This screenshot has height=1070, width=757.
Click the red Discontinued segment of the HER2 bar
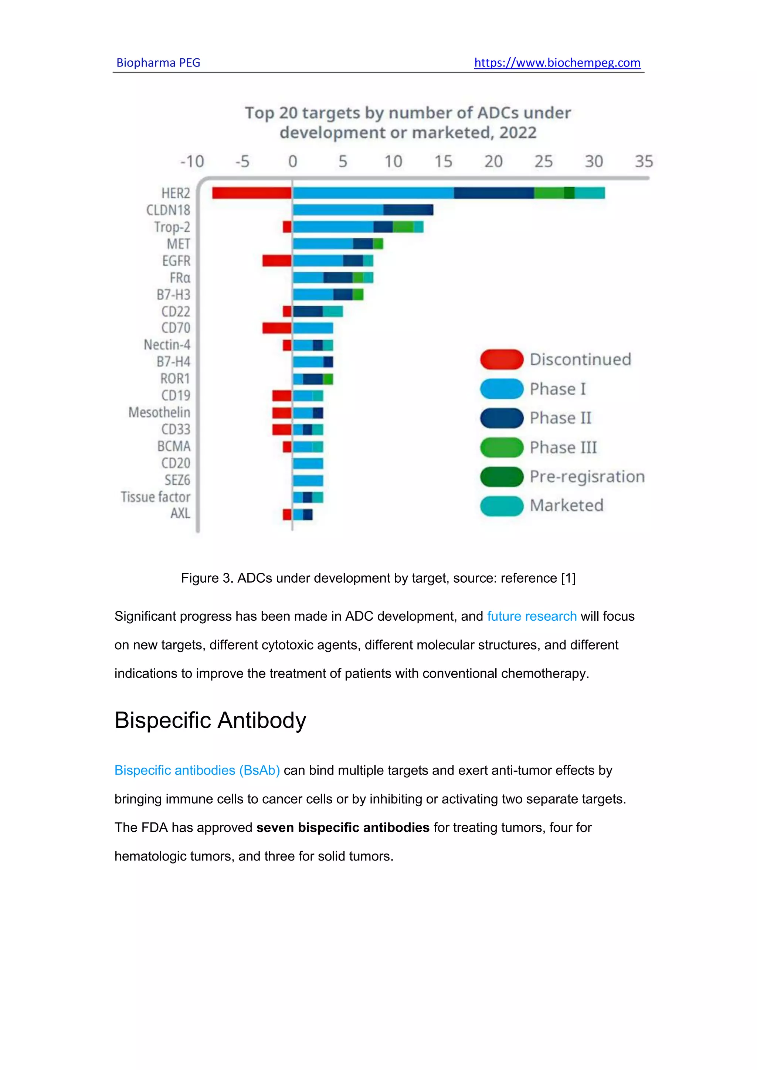[x=252, y=193]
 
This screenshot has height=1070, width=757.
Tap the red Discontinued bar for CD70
[x=277, y=328]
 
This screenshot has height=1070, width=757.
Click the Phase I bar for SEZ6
[x=308, y=480]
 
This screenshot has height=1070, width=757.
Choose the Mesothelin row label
[x=159, y=412]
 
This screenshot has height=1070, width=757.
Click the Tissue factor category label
[x=156, y=497]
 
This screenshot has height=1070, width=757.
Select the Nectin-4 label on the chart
[x=167, y=345]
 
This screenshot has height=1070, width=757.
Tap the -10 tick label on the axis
[x=192, y=162]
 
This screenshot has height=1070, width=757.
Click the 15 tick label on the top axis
[x=443, y=162]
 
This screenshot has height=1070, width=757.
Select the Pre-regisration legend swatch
[x=502, y=476]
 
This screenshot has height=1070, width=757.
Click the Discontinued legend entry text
[x=580, y=359]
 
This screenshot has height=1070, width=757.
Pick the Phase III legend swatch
[x=502, y=447]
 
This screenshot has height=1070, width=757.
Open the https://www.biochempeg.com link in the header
[x=557, y=63]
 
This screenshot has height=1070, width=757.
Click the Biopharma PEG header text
[x=158, y=63]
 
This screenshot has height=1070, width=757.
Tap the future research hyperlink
[x=532, y=616]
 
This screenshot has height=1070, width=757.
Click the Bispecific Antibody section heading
[x=210, y=720]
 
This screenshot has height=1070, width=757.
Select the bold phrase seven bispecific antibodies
[x=343, y=827]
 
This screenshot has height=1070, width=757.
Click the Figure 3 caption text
[x=378, y=578]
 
